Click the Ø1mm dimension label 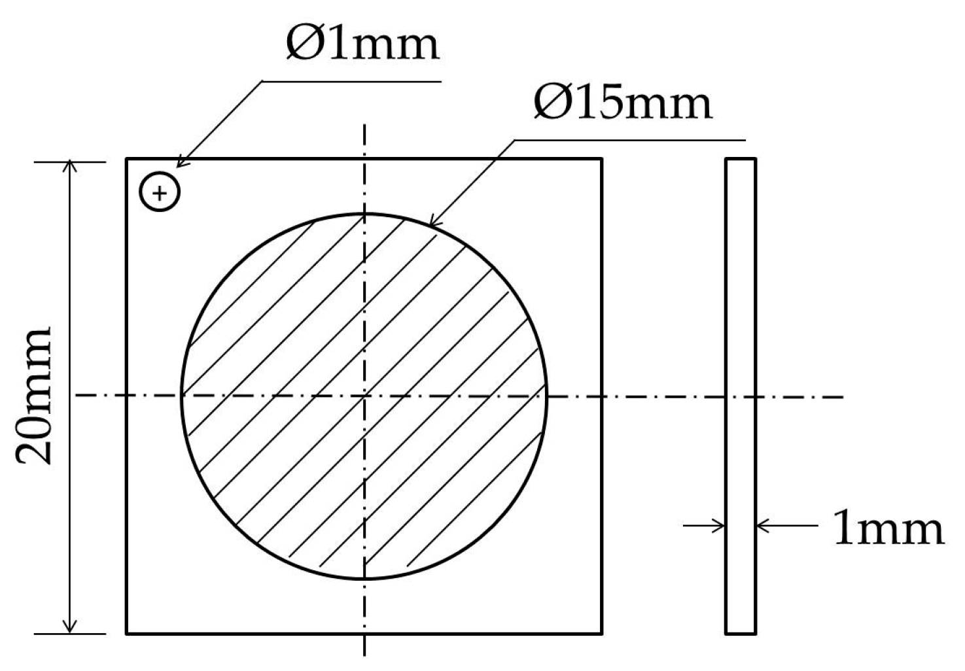coord(362,44)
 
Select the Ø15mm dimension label coord(622,103)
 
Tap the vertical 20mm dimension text coord(34,396)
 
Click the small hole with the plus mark coord(160,192)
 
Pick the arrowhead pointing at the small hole coord(181,163)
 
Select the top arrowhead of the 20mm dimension coord(69,166)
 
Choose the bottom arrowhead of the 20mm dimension coord(69,628)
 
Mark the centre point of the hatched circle coord(364,396)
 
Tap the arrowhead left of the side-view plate coord(720,525)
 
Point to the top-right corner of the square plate coord(601,159)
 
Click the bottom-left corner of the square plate coord(126,633)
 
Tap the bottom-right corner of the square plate coord(601,633)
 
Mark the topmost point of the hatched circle coord(364,214)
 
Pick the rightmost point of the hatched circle coord(547,396)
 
